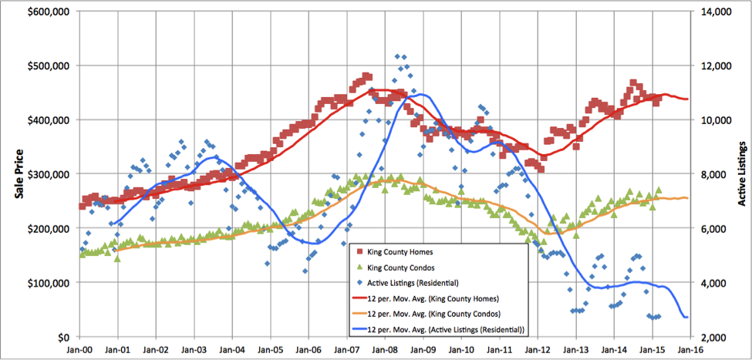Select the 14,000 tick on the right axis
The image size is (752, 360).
[x=711, y=12]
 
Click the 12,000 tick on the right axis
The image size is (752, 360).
[x=711, y=66]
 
